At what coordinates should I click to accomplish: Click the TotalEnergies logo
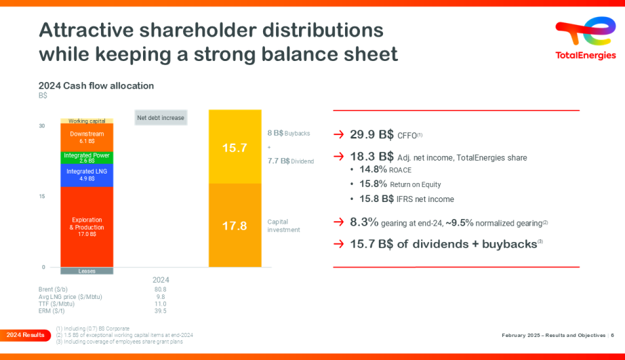585,40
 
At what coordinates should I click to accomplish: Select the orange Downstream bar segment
87,137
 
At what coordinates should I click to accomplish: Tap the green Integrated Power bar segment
87,158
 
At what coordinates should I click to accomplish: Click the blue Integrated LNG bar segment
87,175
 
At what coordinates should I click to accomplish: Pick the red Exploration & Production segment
87,226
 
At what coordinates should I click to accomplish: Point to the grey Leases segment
87,271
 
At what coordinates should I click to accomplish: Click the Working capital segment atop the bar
87,121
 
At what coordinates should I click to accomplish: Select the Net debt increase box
161,118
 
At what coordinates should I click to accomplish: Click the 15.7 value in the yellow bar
235,147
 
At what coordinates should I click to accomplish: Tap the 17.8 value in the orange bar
235,226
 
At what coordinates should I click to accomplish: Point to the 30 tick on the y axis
42,126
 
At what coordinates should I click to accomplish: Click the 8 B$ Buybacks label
288,134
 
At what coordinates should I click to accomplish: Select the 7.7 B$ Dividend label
290,161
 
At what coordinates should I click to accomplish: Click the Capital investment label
283,226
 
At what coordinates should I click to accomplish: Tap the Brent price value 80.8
160,289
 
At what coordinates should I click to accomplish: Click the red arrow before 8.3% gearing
339,222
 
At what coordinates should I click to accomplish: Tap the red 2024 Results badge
25,335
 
